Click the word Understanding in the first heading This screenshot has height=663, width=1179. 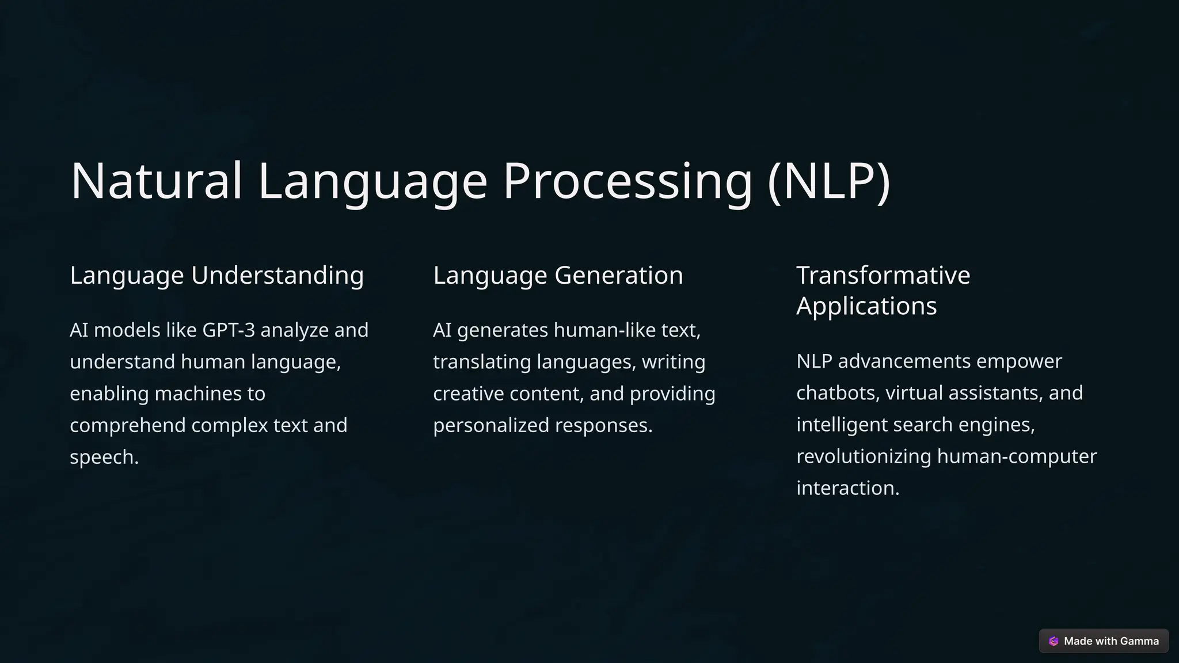point(277,275)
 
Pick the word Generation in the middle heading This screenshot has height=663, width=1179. point(618,275)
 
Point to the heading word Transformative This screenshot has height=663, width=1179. point(883,275)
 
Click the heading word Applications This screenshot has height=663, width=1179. point(866,306)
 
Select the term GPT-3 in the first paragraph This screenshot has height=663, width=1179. point(229,330)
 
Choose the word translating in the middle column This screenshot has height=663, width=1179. point(482,362)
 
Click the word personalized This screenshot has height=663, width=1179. point(490,425)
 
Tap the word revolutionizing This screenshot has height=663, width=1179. point(864,456)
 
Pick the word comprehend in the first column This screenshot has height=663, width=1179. point(127,425)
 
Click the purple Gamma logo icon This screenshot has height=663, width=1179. point(1054,641)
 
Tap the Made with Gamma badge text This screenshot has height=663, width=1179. point(1111,641)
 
